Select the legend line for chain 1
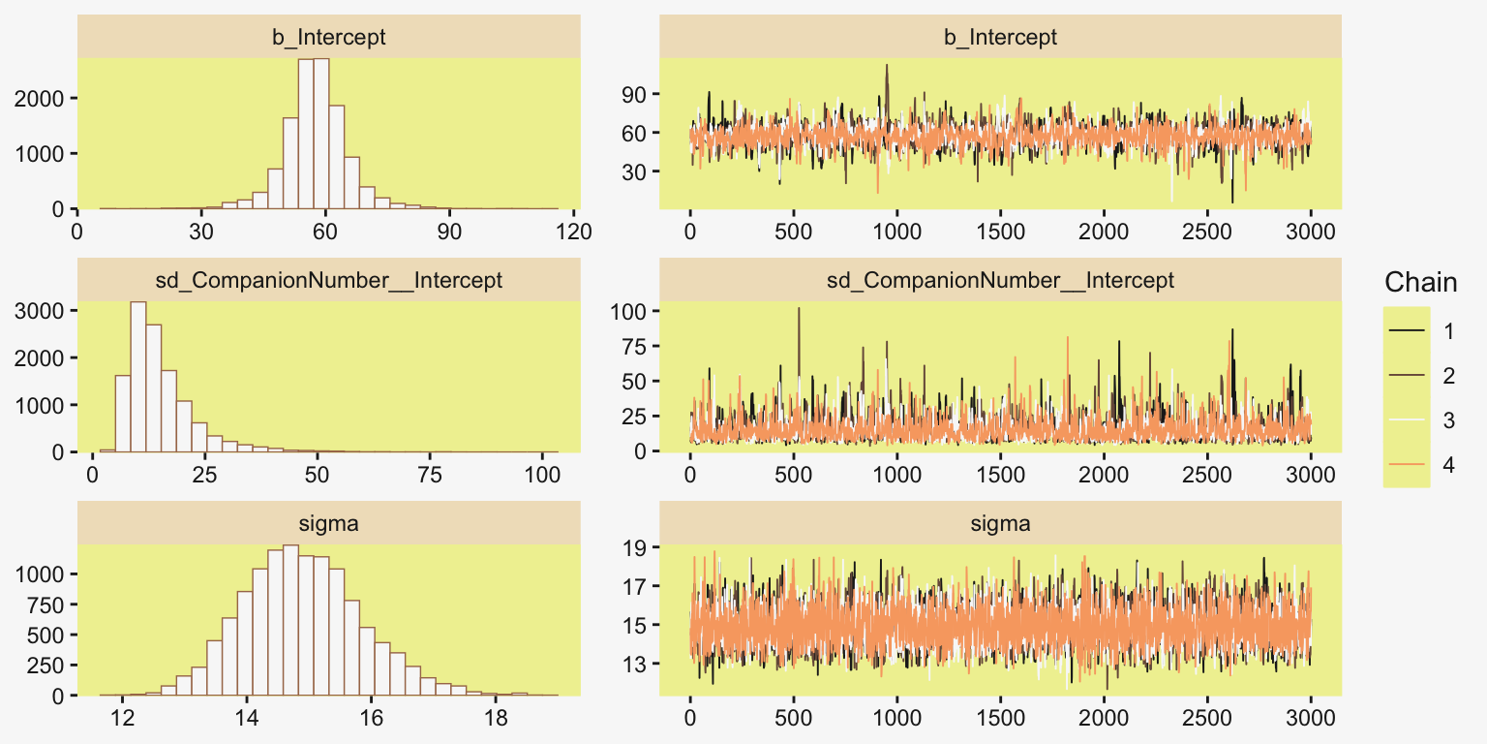[x=1406, y=331]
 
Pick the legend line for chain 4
[x=1406, y=465]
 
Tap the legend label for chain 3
[x=1448, y=420]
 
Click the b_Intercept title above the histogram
[x=328, y=38]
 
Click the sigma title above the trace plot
[x=1000, y=524]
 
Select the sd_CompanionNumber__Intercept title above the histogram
[x=328, y=281]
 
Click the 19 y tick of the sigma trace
[x=636, y=547]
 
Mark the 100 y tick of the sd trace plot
[x=631, y=311]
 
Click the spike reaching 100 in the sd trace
[x=799, y=310]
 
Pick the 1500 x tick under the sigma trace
[x=1000, y=719]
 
